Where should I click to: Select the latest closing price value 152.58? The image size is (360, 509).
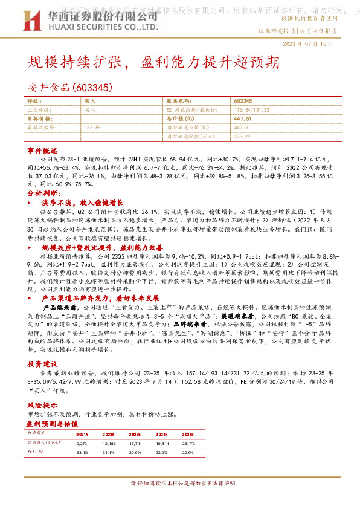click(93, 128)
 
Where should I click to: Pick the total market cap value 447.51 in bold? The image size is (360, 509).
click(242, 118)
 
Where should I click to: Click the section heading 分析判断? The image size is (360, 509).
click(42, 193)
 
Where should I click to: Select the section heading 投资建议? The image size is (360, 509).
click(42, 365)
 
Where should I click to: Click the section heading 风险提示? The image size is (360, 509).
click(42, 404)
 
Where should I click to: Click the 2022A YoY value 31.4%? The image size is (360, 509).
click(108, 452)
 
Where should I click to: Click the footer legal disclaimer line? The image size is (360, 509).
click(179, 484)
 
